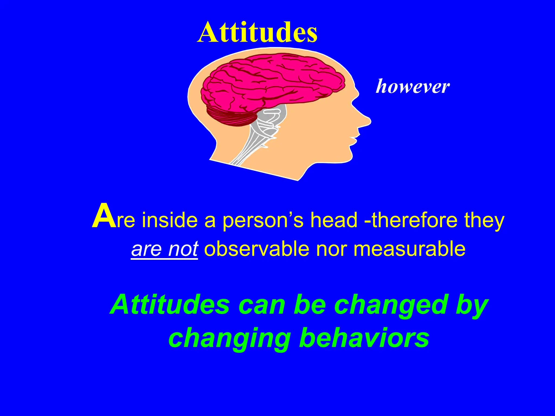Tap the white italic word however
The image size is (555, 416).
tap(412, 87)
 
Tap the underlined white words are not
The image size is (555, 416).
tap(164, 249)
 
